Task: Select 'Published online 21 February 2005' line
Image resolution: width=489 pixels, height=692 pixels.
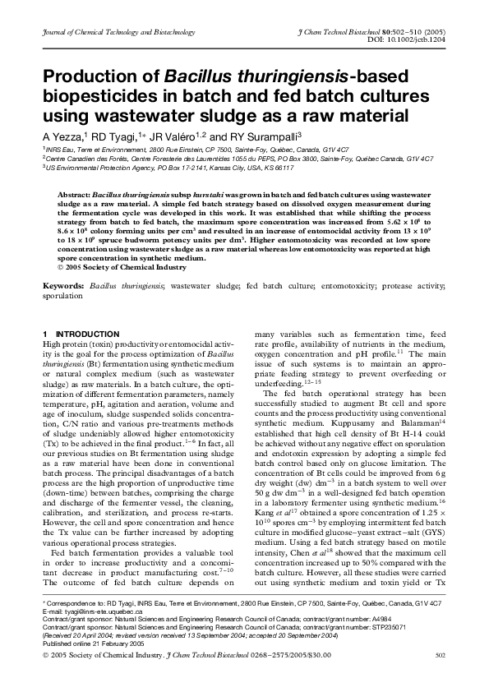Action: point(93,647)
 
